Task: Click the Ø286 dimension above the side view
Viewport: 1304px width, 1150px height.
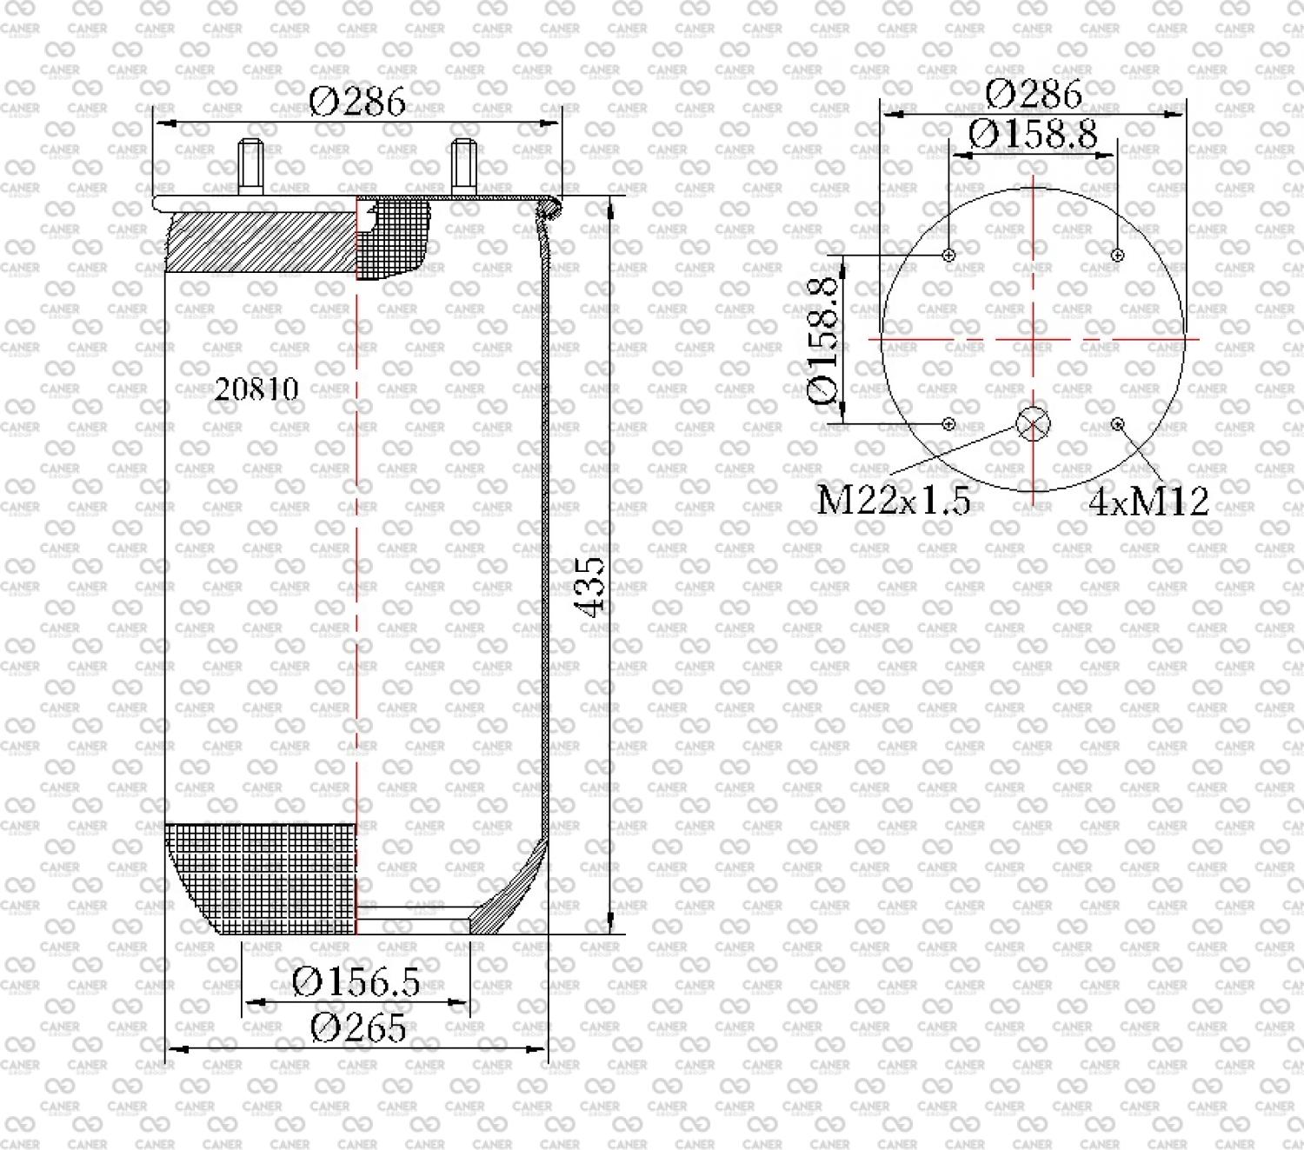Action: [x=357, y=103]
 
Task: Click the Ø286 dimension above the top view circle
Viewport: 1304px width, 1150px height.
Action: [x=1034, y=93]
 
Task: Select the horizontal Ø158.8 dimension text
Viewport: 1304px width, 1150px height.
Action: [x=1033, y=134]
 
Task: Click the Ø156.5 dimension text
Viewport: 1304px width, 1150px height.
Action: [x=356, y=982]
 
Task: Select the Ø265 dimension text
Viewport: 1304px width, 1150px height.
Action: [x=357, y=1028]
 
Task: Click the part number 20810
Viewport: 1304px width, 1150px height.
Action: [x=256, y=389]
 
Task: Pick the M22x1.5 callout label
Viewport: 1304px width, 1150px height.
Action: [x=893, y=501]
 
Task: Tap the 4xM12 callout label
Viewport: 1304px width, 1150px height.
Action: [x=1148, y=502]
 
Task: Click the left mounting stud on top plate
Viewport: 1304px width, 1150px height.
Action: [x=252, y=169]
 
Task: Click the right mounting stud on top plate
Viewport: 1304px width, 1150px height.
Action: [x=464, y=169]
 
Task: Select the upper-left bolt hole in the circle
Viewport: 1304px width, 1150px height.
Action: [x=949, y=256]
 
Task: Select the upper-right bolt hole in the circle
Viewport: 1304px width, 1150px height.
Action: [x=1118, y=256]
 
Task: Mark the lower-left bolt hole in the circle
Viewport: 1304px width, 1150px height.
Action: [x=949, y=424]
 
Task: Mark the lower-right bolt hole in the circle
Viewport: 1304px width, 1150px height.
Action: [x=1118, y=424]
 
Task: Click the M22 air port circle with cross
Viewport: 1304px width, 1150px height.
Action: [x=1033, y=424]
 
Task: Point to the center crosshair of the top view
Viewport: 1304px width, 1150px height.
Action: [x=1033, y=340]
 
